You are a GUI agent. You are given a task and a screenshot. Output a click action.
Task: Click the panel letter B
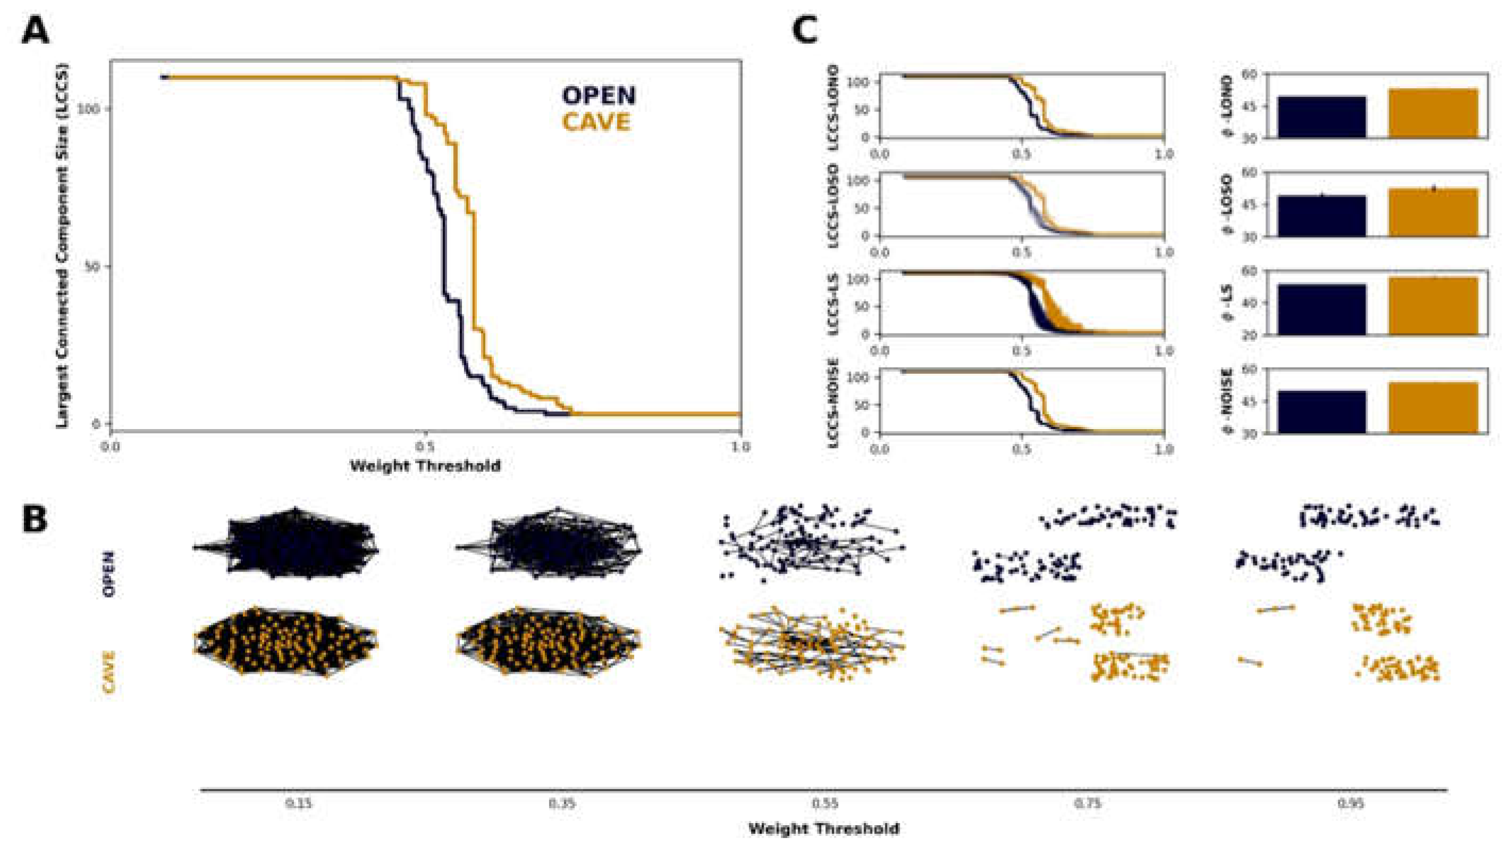click(35, 518)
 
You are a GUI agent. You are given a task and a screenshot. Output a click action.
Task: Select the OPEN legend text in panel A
click(599, 96)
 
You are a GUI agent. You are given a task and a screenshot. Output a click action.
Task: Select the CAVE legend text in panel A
click(596, 122)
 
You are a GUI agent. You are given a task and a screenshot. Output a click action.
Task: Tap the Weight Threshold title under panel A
click(425, 465)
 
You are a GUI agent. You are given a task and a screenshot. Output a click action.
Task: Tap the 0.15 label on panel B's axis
click(299, 804)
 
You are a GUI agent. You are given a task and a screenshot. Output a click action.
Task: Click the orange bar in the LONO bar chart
click(1433, 113)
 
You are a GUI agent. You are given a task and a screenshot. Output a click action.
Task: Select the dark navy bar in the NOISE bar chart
click(1322, 412)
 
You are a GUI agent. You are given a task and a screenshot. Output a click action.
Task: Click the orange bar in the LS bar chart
click(1433, 306)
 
